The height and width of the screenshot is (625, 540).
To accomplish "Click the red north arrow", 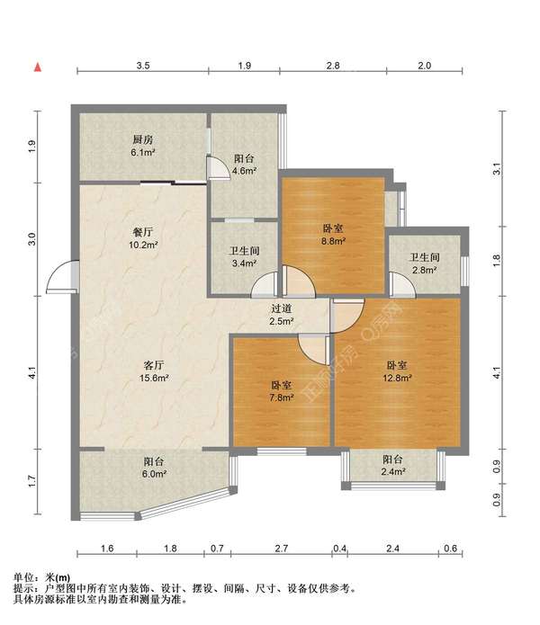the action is (x=38, y=67).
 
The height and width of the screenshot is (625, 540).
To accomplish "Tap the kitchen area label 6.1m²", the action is (x=143, y=152).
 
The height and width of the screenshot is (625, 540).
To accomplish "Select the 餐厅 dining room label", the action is (x=143, y=232).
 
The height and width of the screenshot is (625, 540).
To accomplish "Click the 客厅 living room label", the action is (x=154, y=365).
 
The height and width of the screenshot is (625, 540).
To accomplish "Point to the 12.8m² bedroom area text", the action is (x=397, y=378).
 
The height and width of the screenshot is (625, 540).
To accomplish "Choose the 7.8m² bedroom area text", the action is (x=282, y=397).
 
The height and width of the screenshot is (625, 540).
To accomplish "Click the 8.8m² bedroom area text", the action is (x=333, y=241).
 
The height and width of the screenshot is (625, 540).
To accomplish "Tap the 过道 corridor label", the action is (x=282, y=308).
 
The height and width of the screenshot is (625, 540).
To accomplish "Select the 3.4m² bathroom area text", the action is (x=244, y=263).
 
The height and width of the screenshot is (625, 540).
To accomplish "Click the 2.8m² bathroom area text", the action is (x=424, y=271).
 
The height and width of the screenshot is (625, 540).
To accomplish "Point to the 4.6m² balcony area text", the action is (x=244, y=171).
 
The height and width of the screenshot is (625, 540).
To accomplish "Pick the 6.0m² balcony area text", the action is (x=154, y=474).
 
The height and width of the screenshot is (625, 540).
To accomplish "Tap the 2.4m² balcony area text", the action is (x=393, y=472).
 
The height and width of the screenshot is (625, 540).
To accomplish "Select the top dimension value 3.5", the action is (x=143, y=66).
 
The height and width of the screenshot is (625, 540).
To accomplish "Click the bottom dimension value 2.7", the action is (x=281, y=549).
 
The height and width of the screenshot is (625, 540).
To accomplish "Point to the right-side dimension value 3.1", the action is (x=497, y=169).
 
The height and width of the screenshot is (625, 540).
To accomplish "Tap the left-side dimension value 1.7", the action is (x=32, y=481).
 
